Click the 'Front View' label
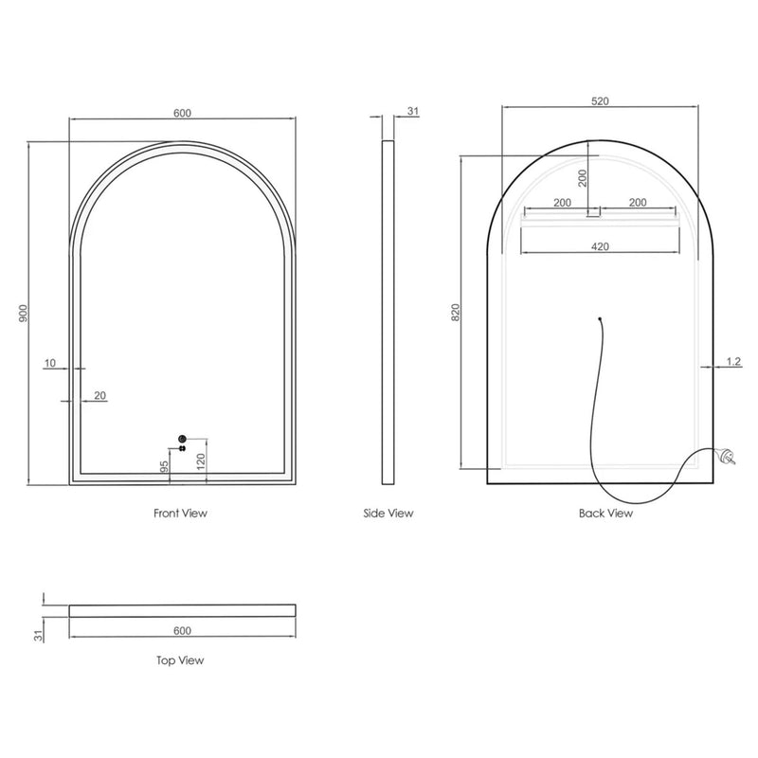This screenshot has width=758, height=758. [x=180, y=514]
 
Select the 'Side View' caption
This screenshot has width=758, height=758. [x=388, y=514]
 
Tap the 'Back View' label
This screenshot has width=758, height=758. [x=605, y=514]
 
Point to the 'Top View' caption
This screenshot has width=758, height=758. [x=180, y=660]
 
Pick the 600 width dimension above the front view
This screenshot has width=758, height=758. [x=183, y=113]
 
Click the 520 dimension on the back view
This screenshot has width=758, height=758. [x=600, y=99]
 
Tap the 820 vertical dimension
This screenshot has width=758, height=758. [x=455, y=313]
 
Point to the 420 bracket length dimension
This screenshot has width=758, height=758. [x=600, y=246]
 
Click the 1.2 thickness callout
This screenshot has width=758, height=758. [x=732, y=361]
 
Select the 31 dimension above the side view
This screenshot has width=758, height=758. [x=412, y=112]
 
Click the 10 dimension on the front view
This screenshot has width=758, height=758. [x=49, y=362]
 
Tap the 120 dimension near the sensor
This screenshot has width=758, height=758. [x=200, y=461]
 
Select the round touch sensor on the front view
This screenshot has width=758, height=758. [x=183, y=439]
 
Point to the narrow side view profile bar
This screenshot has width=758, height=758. [x=388, y=313]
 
